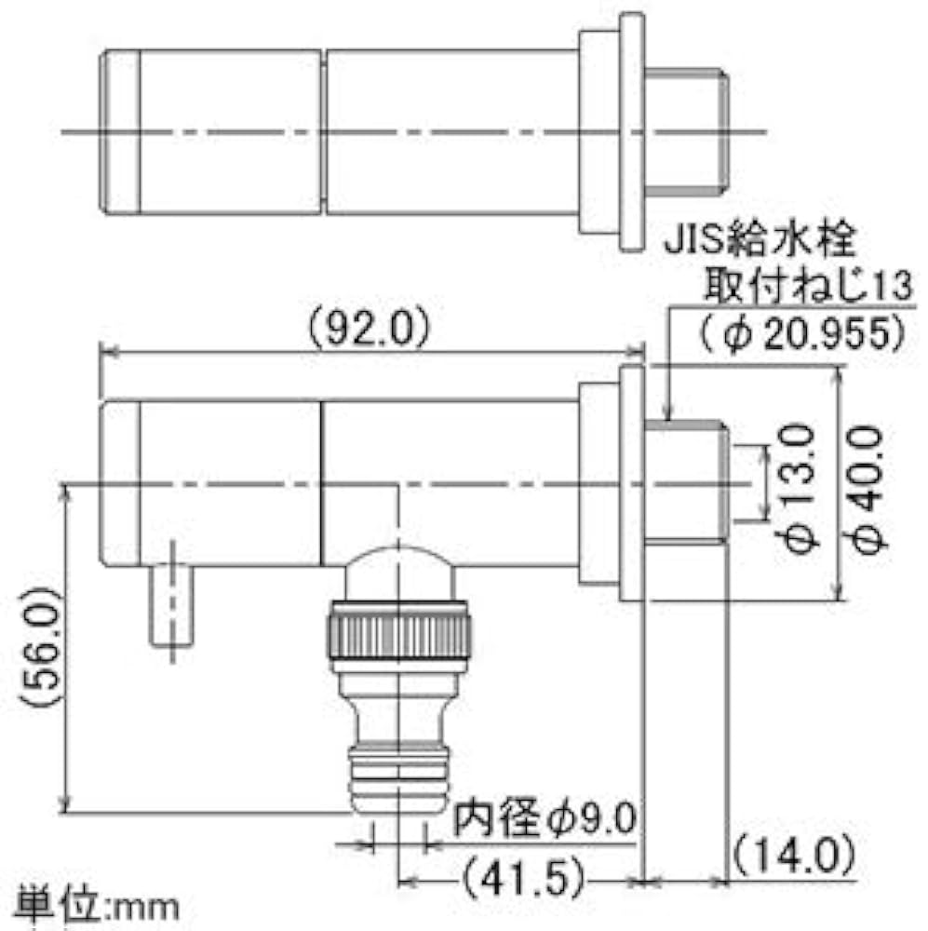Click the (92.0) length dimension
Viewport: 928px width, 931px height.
[x=367, y=328]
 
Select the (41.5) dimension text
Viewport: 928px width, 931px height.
[x=523, y=876]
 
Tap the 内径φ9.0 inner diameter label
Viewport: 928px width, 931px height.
[x=545, y=820]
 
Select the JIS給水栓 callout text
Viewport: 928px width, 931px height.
[x=759, y=244]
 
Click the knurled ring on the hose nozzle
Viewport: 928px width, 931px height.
[x=398, y=634]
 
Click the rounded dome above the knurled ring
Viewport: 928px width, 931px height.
[x=398, y=573]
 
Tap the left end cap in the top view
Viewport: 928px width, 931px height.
[x=121, y=130]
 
